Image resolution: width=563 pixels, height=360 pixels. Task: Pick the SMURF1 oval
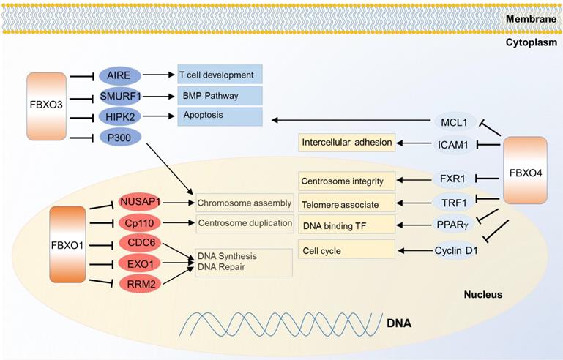pyautogui.click(x=120, y=96)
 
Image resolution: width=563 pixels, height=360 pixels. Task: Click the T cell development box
pyautogui.click(x=220, y=75)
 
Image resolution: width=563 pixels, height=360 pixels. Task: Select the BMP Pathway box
pyautogui.click(x=220, y=95)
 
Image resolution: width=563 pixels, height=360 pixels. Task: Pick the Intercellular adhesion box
pyautogui.click(x=347, y=142)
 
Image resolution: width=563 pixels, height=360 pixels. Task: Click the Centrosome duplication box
pyautogui.click(x=245, y=222)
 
